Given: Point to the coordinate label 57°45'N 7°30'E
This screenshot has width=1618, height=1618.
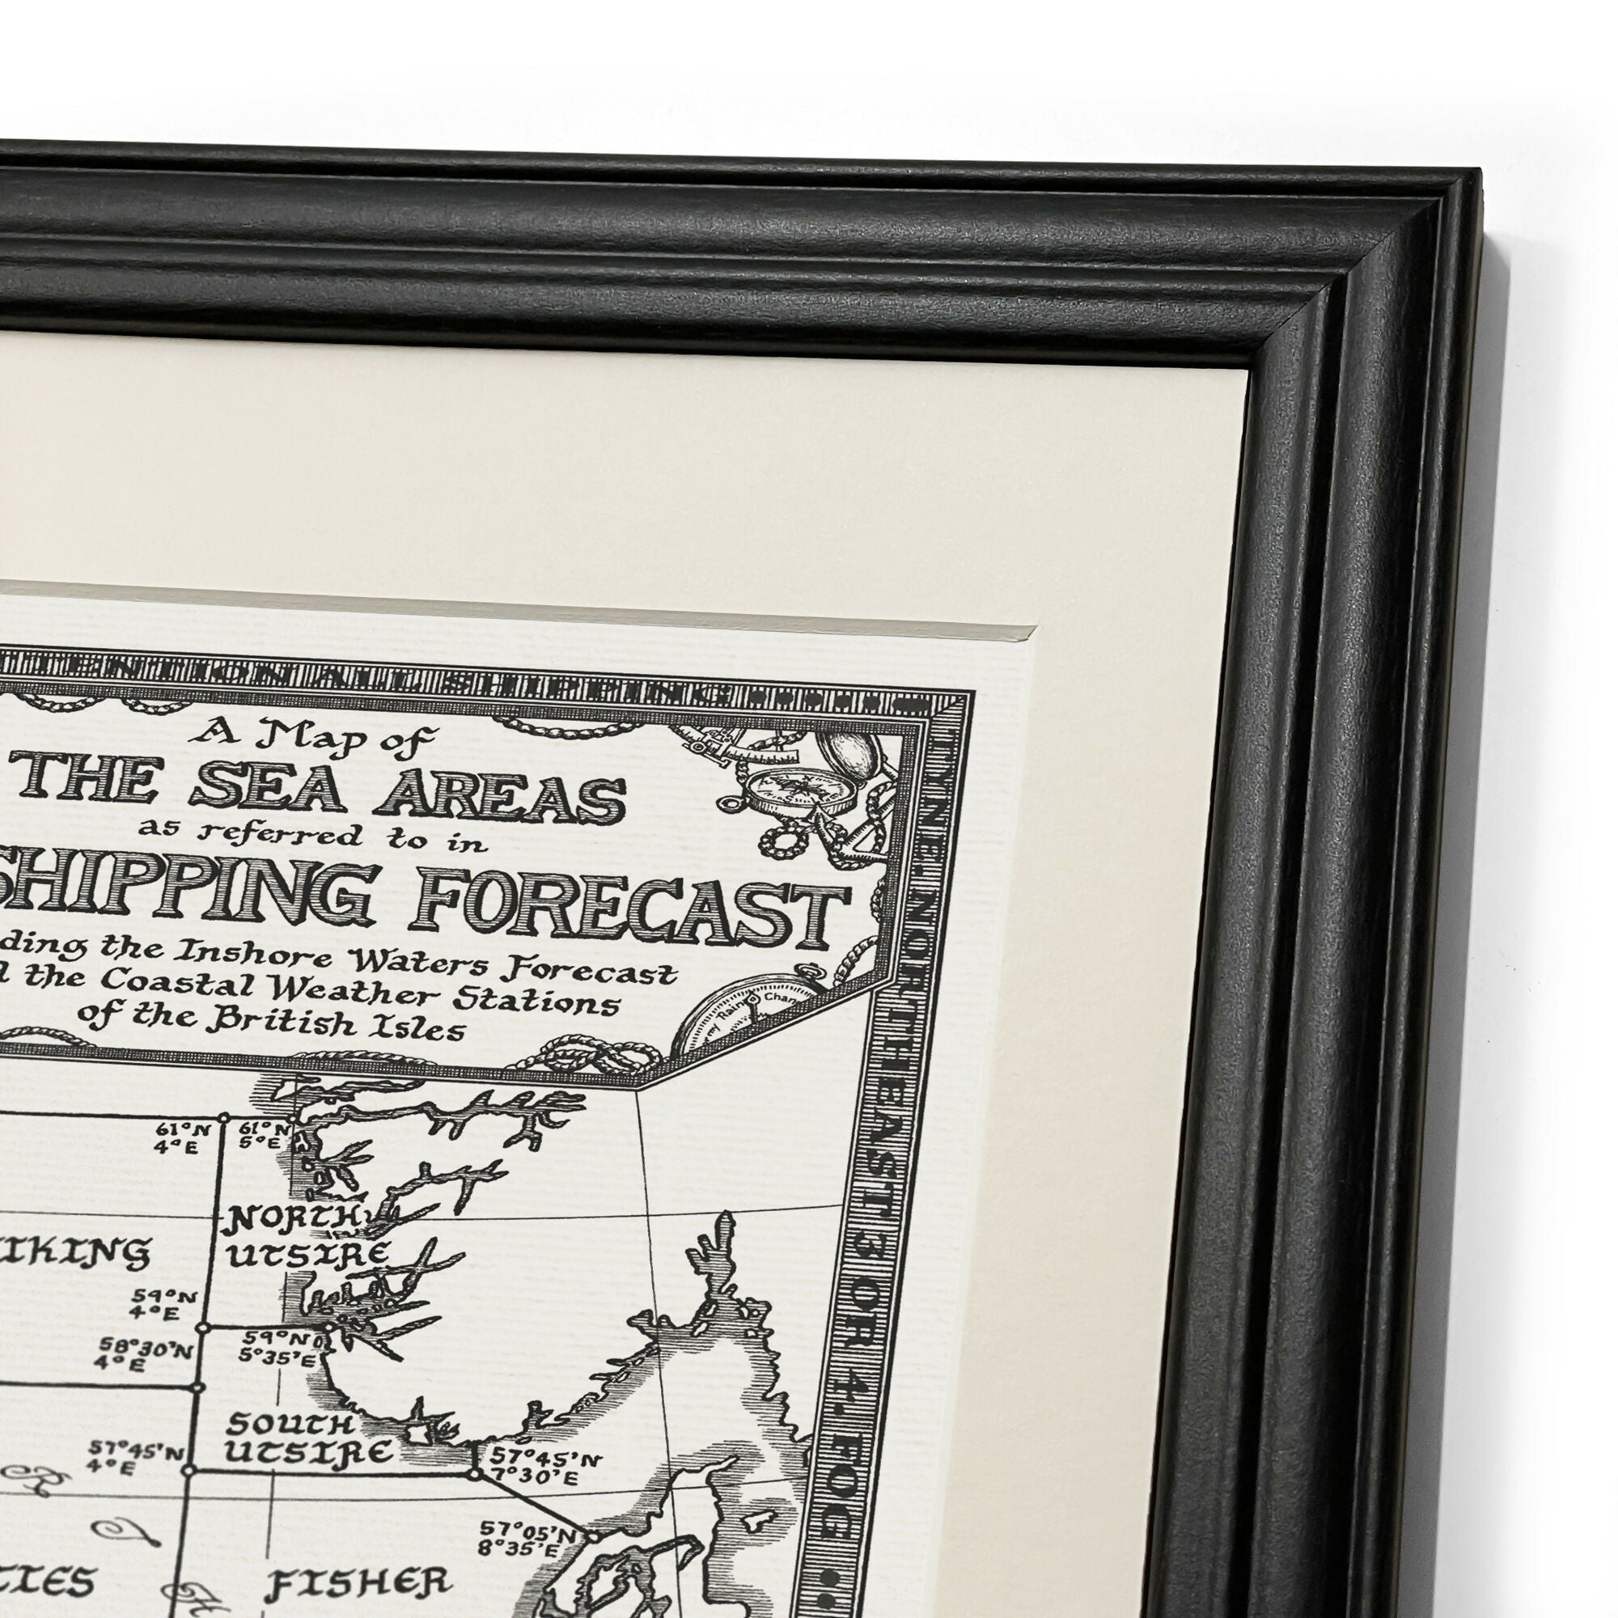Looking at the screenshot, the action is click(x=544, y=1468).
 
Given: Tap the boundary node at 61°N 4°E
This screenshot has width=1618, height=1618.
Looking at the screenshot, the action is click(x=223, y=1118).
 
